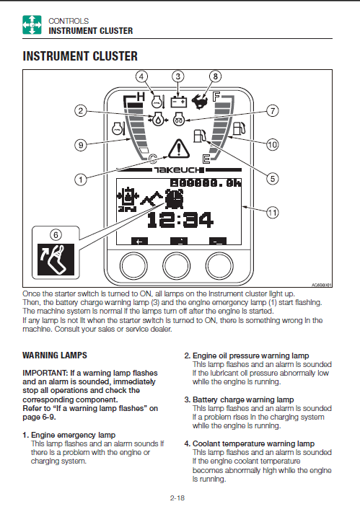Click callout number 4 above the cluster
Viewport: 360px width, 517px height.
[141, 76]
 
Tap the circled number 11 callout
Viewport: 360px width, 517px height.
[272, 212]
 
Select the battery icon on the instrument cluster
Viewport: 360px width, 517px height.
[178, 102]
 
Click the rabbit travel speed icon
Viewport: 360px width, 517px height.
[200, 100]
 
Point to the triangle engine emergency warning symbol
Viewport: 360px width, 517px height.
[178, 149]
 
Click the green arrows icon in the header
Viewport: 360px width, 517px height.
[32, 25]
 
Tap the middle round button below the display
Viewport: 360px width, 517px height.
[177, 265]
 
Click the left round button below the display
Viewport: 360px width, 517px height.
[133, 265]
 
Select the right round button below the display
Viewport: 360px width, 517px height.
[219, 265]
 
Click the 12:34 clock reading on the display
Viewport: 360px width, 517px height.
[180, 220]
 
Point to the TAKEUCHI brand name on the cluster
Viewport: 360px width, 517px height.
[177, 170]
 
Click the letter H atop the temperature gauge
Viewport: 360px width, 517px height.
[141, 97]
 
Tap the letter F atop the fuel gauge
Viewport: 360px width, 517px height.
[216, 97]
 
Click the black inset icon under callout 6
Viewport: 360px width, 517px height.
[56, 260]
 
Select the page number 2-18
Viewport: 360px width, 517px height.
[177, 498]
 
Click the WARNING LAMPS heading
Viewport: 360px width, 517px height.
[55, 355]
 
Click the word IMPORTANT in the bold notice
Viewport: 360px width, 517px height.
[45, 373]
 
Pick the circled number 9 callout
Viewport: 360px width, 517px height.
[81, 145]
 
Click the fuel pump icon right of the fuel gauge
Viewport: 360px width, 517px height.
[239, 128]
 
